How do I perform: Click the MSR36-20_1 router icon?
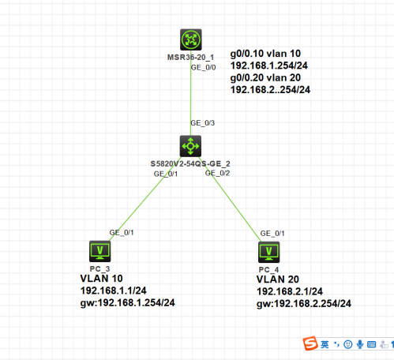click(190, 39)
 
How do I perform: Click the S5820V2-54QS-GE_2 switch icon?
click(190, 145)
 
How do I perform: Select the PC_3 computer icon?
click(100, 251)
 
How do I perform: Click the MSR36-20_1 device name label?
click(190, 58)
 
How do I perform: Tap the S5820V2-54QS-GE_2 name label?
click(190, 163)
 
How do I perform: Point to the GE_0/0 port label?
click(203, 68)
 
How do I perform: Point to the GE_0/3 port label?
click(202, 123)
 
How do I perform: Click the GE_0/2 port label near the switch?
click(217, 173)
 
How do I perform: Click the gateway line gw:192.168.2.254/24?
click(303, 303)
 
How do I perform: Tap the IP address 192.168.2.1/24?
click(291, 291)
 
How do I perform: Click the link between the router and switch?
click(190, 99)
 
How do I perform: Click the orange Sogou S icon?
click(313, 343)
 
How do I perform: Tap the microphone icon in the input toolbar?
click(359, 344)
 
